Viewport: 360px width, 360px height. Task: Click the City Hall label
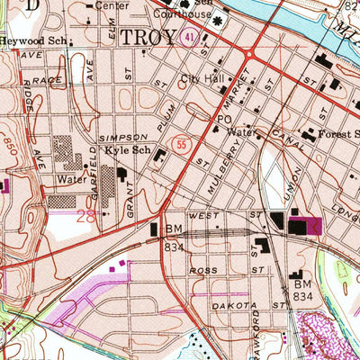coord(201,79)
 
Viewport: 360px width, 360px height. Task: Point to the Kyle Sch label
coord(124,149)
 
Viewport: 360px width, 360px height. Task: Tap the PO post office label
coord(223,118)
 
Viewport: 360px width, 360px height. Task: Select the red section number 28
coord(87,216)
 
